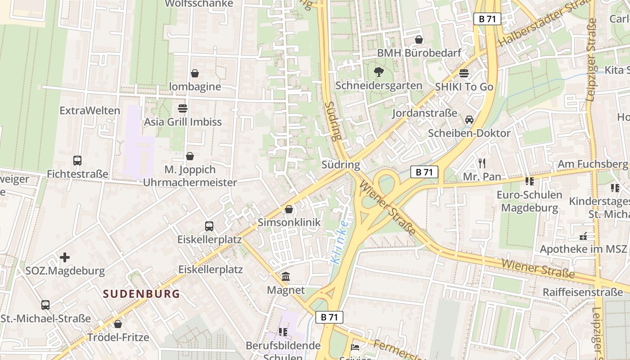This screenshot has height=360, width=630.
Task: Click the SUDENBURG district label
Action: (x=141, y=294)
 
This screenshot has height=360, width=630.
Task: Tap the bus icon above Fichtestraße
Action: (x=77, y=161)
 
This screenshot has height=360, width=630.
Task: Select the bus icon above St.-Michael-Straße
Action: (x=45, y=305)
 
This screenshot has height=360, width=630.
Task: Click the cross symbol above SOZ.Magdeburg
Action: (x=65, y=257)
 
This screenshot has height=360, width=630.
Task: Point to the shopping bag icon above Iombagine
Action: (x=195, y=73)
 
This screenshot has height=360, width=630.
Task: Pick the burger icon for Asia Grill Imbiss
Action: (x=183, y=108)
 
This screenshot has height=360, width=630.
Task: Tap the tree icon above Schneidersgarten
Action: (x=378, y=72)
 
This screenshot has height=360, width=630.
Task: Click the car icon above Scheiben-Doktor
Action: (x=469, y=120)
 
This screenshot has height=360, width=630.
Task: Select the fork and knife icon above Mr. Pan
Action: (x=482, y=163)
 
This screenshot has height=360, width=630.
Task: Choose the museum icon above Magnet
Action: (x=286, y=277)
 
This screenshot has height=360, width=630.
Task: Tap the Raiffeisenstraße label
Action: (x=582, y=292)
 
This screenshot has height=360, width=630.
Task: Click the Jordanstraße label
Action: (x=424, y=113)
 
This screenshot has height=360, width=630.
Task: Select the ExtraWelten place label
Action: (x=90, y=111)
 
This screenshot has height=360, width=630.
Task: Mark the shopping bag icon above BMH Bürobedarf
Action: (x=419, y=40)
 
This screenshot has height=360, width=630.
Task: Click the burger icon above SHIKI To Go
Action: (x=464, y=73)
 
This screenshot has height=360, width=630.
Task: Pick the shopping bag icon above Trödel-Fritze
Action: (x=118, y=324)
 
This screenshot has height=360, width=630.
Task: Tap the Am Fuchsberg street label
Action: (x=592, y=164)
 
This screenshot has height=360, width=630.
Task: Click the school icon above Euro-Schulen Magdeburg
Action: (x=529, y=181)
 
